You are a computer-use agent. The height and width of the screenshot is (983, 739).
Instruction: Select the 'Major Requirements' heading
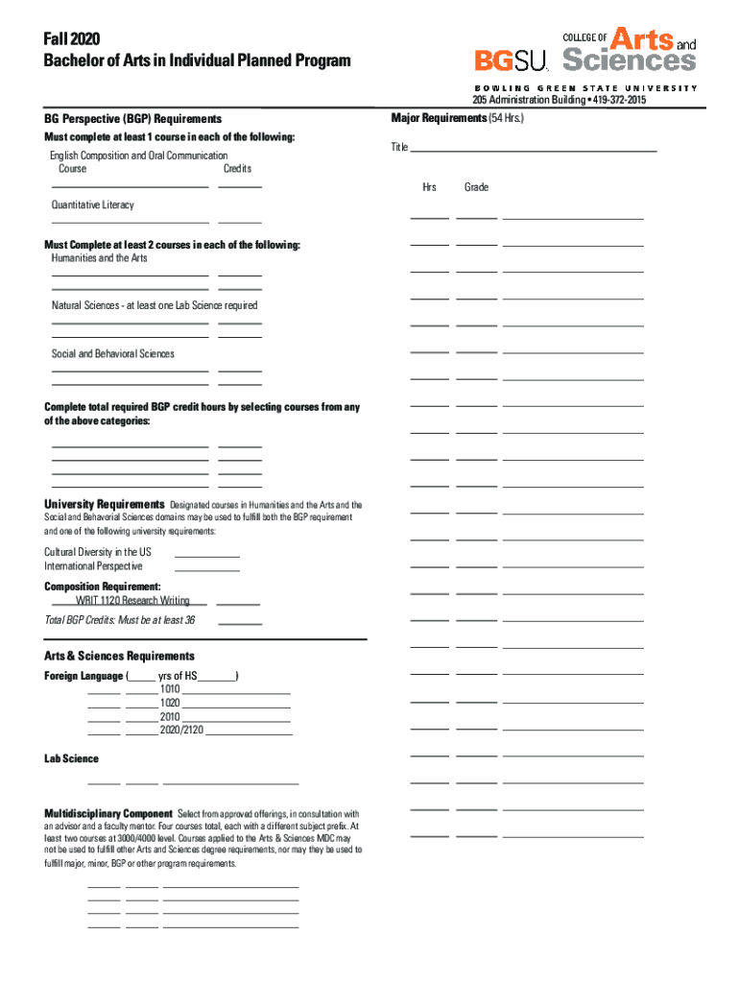[439, 117]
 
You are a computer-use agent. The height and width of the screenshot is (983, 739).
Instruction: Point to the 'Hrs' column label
[429, 187]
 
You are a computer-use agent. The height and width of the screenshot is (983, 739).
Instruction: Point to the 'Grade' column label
[476, 187]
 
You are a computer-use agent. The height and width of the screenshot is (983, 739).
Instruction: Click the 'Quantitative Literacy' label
[93, 204]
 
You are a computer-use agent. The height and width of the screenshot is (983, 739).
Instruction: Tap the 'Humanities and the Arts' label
[100, 258]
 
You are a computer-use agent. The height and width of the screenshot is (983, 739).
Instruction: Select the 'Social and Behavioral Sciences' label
[113, 354]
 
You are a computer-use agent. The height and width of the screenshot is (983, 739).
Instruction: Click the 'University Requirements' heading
[104, 504]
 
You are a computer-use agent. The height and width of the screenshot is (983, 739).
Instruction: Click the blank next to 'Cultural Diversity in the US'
[206, 556]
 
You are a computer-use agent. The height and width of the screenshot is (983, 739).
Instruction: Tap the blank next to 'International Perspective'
[206, 570]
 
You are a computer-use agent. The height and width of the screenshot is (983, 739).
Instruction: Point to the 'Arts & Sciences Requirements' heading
[119, 656]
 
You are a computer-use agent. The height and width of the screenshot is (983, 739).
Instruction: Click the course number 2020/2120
[181, 731]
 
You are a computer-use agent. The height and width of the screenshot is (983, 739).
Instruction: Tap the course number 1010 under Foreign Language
[170, 689]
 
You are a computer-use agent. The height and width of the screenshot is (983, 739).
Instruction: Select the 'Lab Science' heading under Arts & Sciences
[71, 758]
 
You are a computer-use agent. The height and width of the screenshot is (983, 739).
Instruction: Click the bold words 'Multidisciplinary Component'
[108, 813]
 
